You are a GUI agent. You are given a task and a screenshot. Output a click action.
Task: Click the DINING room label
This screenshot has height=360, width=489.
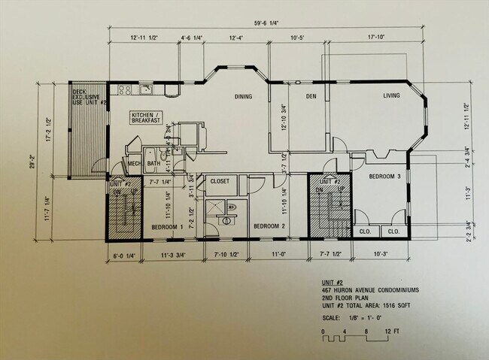(x=242, y=97)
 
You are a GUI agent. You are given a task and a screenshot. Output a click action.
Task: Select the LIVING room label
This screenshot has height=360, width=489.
(x=391, y=95)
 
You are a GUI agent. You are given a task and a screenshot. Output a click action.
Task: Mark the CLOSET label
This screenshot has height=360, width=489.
(x=220, y=181)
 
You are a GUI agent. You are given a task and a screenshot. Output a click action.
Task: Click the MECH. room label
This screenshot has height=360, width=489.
(x=135, y=164)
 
